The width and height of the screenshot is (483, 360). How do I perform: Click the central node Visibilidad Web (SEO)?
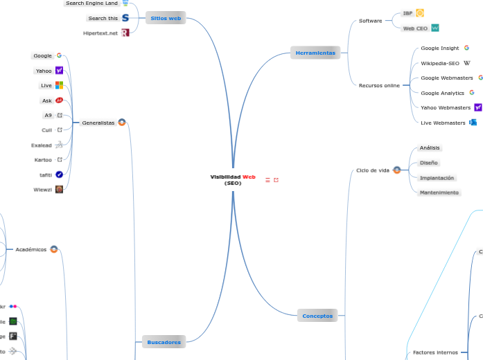point(233,180)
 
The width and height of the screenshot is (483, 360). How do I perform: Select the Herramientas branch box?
point(315,53)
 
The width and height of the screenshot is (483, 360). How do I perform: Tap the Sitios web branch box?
point(166,18)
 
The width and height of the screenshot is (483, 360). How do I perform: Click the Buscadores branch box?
point(164,341)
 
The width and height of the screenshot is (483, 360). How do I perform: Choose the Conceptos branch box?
point(317,316)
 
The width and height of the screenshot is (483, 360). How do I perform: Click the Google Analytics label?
point(442,93)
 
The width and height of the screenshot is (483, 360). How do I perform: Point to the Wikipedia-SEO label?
point(439,63)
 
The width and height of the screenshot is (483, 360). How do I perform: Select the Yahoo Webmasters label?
point(445,107)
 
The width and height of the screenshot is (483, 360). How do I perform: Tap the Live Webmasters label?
point(443,123)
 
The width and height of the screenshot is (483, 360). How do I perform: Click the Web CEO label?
point(415,28)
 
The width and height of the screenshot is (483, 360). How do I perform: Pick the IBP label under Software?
point(407,13)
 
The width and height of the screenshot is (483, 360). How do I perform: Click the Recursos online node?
point(379,85)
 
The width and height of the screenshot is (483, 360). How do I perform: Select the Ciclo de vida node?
point(373,170)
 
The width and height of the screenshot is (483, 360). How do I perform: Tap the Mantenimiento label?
point(439,192)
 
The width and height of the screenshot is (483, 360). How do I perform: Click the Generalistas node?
point(98,123)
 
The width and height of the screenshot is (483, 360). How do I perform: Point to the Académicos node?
point(31,249)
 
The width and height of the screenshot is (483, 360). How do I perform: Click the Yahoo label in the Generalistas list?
point(44,71)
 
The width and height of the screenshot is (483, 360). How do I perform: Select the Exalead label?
point(42,145)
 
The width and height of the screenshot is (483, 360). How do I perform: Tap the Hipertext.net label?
point(100,33)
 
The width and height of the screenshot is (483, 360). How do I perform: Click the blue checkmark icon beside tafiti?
point(60,174)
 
